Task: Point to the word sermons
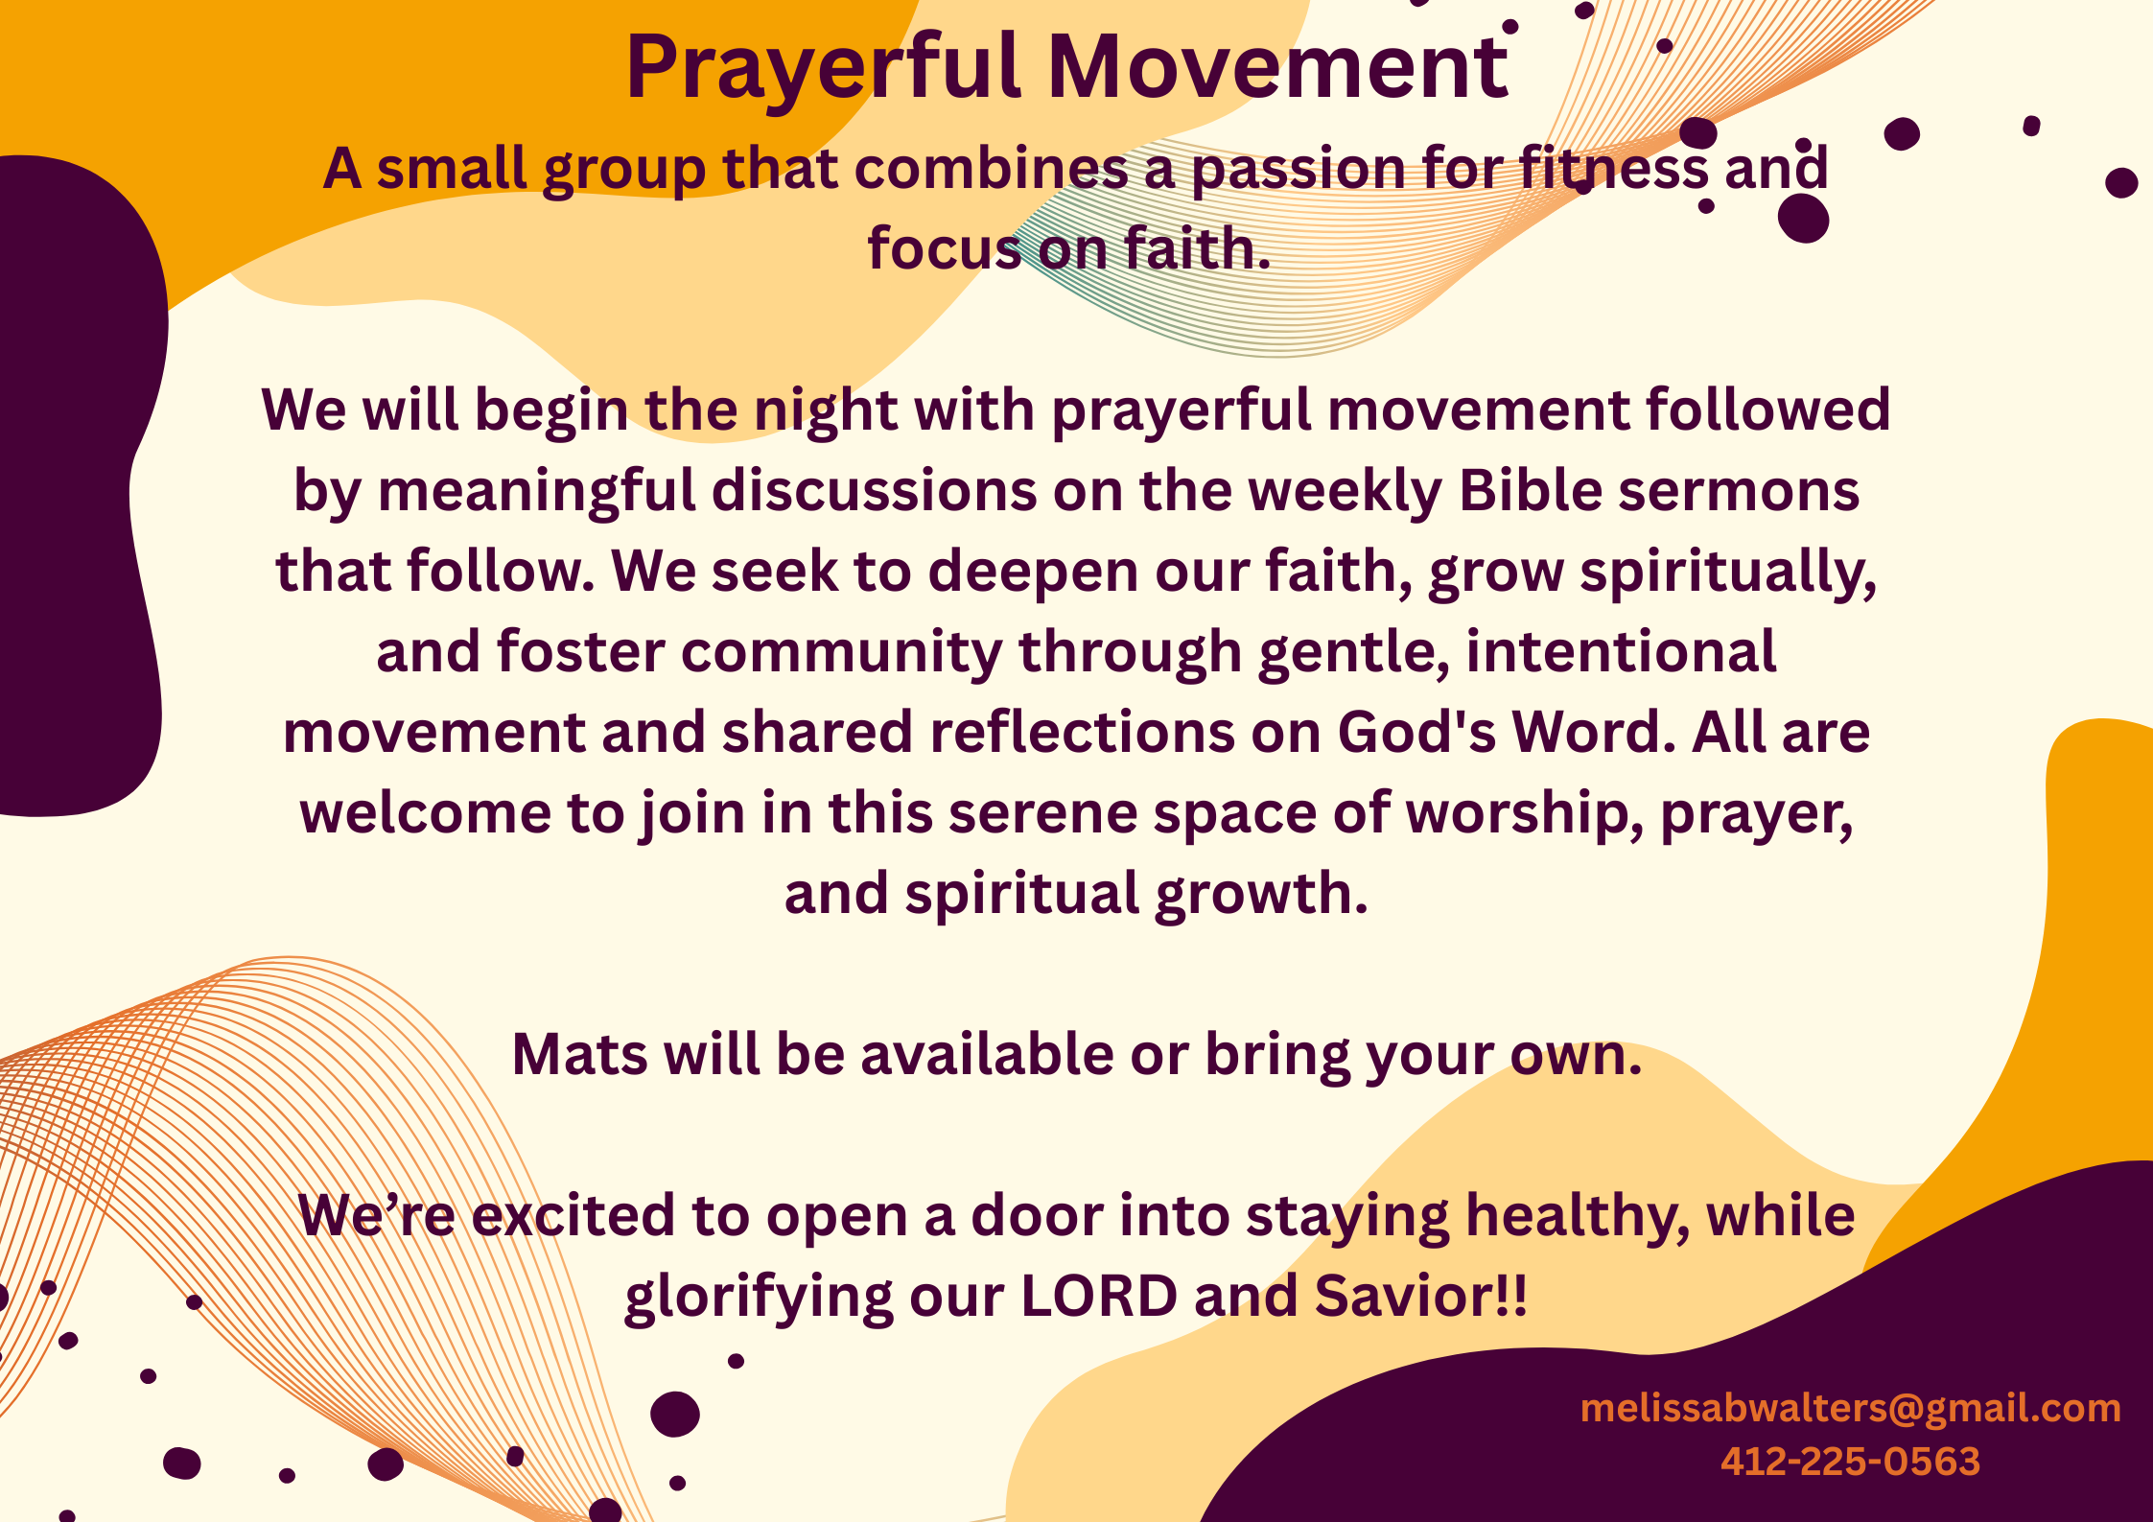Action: coord(1739,492)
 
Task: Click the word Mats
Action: coord(580,1055)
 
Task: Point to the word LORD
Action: coord(1099,1297)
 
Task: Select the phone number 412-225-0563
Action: coord(1850,1462)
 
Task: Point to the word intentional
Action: coord(1621,652)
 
